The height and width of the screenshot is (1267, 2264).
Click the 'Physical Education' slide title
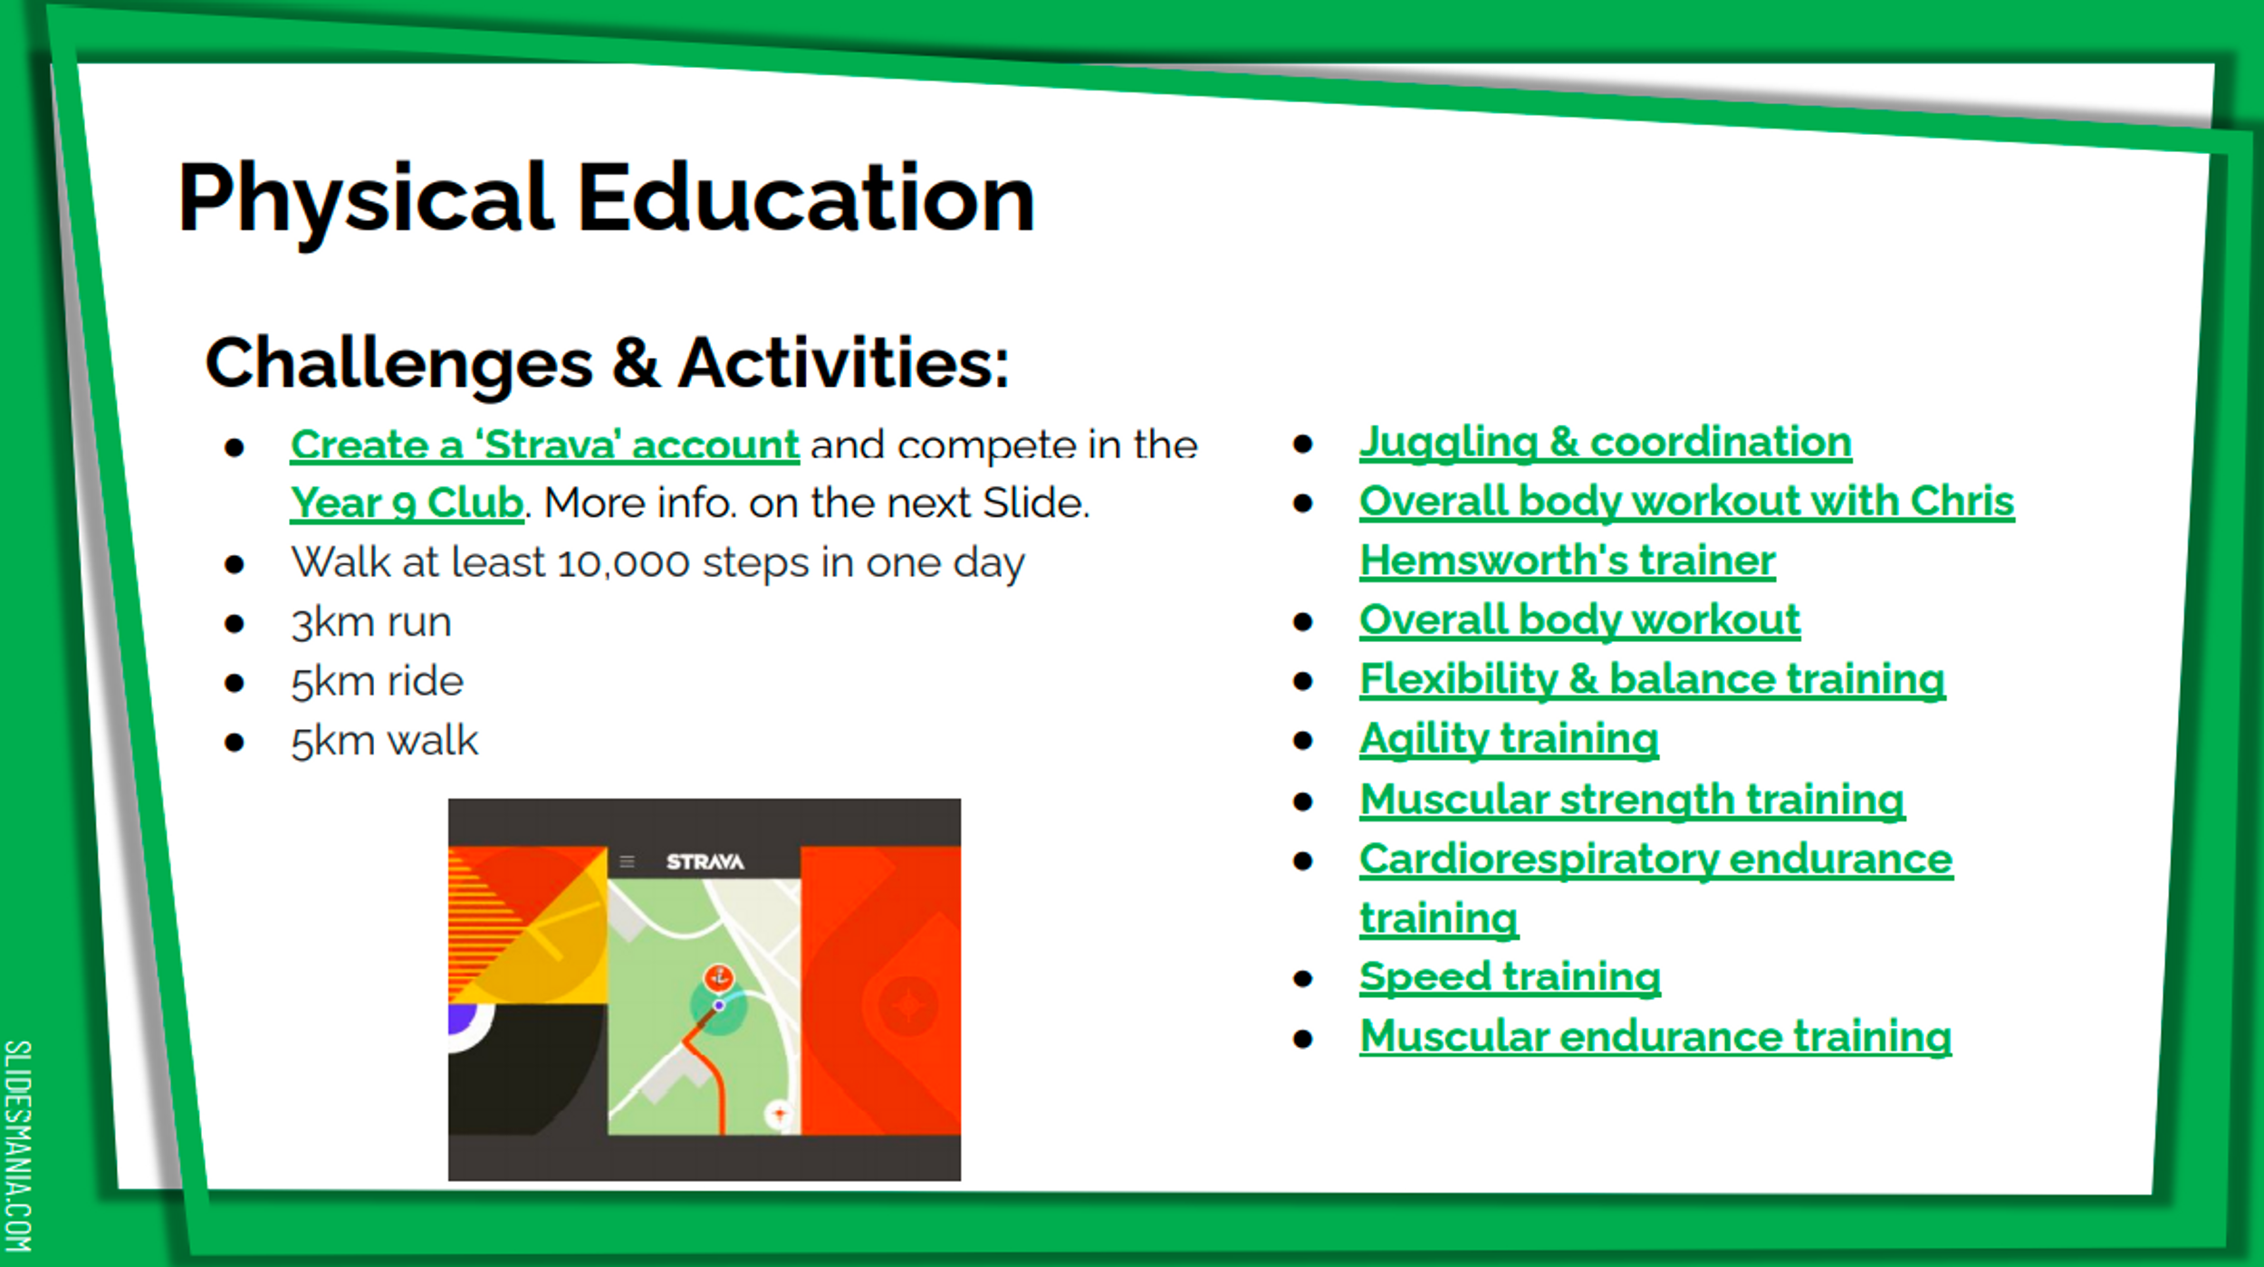tap(606, 200)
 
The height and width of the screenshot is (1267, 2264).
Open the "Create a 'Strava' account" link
tap(544, 446)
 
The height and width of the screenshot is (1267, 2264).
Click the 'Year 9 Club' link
tap(407, 504)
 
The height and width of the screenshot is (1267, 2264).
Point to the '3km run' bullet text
tap(371, 623)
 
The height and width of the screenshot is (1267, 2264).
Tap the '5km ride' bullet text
tap(377, 682)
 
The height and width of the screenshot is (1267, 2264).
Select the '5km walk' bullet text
tap(384, 741)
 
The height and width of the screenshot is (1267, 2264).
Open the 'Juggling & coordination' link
tap(1605, 443)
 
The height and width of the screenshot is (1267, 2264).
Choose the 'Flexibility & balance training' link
tap(1652, 680)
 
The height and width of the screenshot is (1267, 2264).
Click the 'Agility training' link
tap(1509, 740)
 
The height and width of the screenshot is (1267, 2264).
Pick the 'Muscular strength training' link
tap(1632, 801)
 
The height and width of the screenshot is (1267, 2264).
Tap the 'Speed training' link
tap(1510, 978)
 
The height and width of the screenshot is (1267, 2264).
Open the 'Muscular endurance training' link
tap(1655, 1037)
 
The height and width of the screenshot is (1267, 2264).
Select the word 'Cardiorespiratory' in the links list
tap(1539, 860)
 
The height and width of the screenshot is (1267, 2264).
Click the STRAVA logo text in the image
tap(705, 862)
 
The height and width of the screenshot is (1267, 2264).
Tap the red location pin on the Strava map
tap(719, 977)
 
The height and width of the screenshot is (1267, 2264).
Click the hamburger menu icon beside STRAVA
tap(627, 861)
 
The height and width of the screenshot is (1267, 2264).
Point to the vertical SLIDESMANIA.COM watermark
tap(18, 1146)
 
